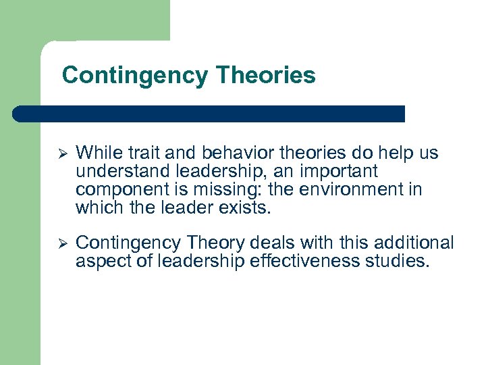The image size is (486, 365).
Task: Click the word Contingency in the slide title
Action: pos(136,75)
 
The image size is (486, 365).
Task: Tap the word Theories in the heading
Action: pos(266,75)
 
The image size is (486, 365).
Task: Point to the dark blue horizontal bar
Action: pos(209,114)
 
